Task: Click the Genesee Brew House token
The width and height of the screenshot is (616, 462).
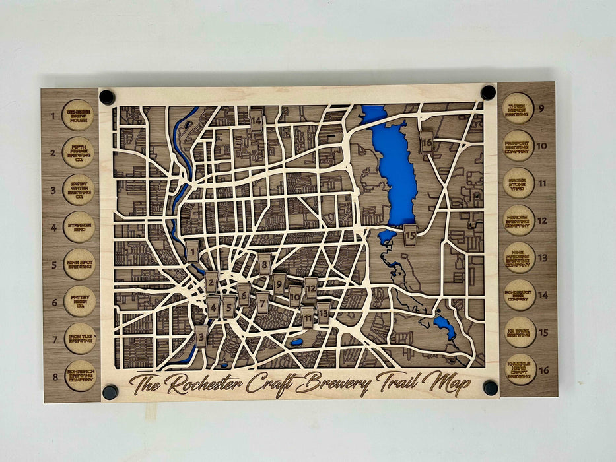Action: pos(79,115)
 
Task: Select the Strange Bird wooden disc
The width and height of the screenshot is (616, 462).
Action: pos(79,226)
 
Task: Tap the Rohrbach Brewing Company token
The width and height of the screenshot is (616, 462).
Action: pos(81,376)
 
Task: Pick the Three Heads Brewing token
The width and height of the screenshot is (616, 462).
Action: pos(518,108)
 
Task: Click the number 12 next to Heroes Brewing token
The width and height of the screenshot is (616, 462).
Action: pos(542,220)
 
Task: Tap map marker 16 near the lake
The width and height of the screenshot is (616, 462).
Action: pos(427,141)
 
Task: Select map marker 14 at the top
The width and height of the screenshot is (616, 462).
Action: pos(256,120)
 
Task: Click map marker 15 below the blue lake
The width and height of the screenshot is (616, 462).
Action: pos(410,234)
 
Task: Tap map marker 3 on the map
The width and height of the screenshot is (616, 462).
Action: pos(201,337)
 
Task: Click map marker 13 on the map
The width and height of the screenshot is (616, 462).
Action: pos(324,312)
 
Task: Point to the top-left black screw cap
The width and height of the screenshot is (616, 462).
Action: pos(106,98)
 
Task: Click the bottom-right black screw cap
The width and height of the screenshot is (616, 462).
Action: pos(491,387)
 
